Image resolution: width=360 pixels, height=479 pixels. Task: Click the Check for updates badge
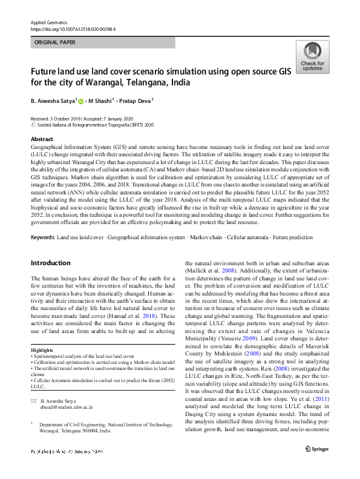[312, 56]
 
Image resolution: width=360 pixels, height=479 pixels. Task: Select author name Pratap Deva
[136, 101]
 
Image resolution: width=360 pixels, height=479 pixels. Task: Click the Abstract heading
[42, 139]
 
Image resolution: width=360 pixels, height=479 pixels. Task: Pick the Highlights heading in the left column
[42, 351]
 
